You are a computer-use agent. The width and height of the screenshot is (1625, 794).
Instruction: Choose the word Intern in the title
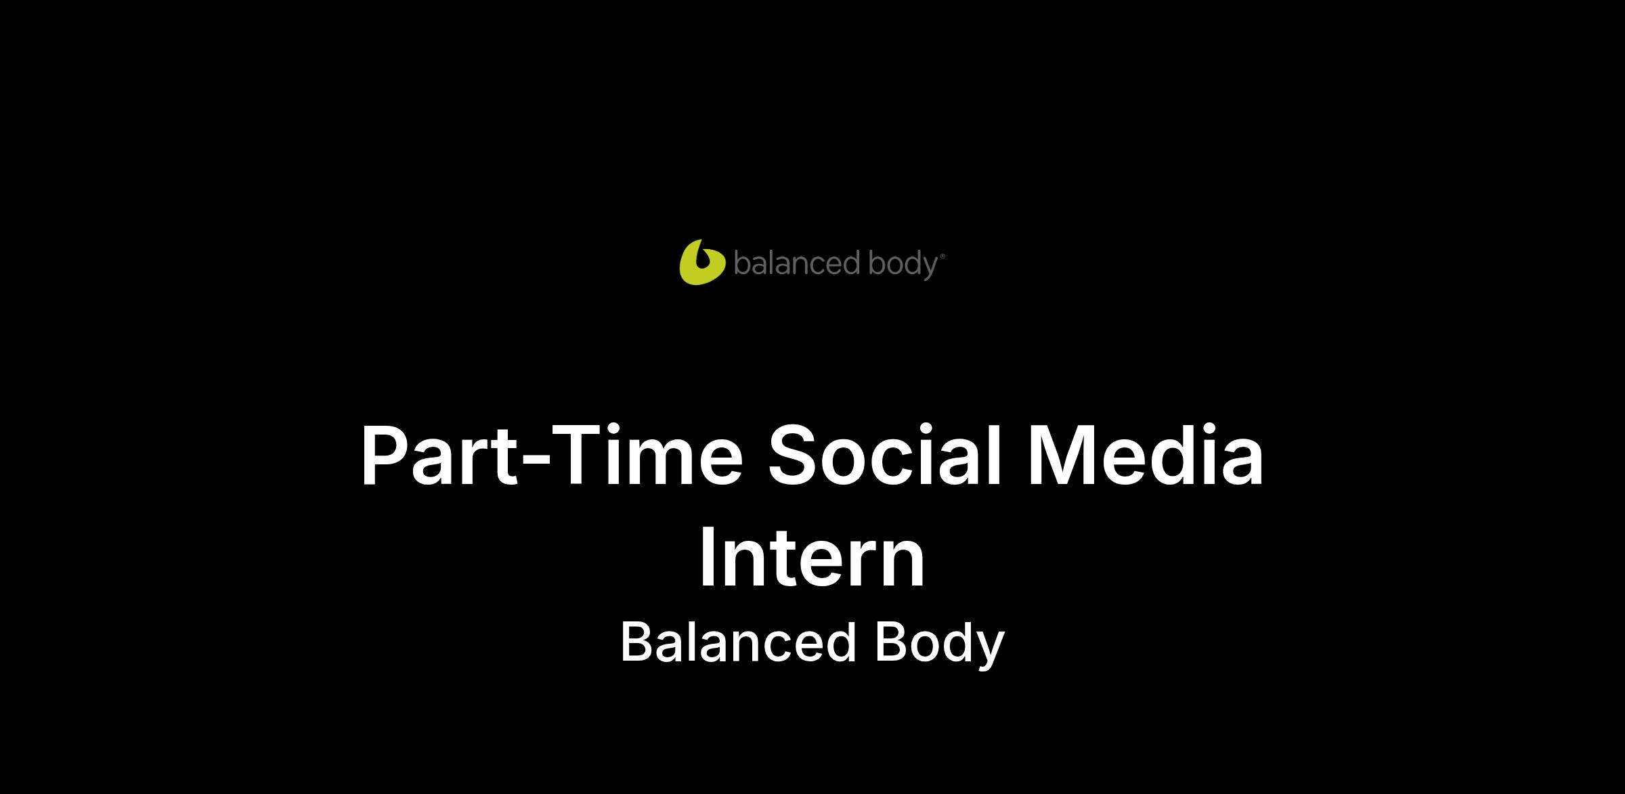pyautogui.click(x=812, y=558)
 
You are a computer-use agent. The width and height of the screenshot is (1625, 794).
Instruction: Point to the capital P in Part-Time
pyautogui.click(x=386, y=454)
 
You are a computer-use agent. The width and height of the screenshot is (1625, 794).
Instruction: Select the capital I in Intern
pyautogui.click(x=707, y=558)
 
